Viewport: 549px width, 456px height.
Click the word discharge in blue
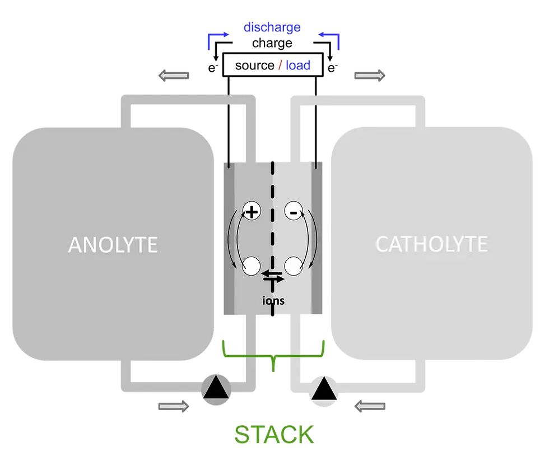[x=272, y=27]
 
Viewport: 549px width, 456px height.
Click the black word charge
[x=272, y=44]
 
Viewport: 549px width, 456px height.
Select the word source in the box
[x=254, y=66]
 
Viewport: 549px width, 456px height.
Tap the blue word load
[x=298, y=65]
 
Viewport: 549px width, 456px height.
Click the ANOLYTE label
[x=113, y=244]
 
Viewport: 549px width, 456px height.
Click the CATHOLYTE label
[x=431, y=244]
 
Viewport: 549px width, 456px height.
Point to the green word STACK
[x=274, y=435]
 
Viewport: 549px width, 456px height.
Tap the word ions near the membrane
[x=273, y=300]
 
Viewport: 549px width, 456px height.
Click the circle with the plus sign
[x=252, y=211]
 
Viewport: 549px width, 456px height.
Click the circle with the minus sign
[x=294, y=211]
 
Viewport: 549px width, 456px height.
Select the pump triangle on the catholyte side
[x=324, y=388]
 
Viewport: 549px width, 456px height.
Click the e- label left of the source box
[x=213, y=67]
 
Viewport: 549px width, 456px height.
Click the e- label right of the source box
[x=333, y=67]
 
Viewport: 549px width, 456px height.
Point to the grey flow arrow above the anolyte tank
[x=174, y=75]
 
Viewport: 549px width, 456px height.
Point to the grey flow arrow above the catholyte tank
[x=370, y=75]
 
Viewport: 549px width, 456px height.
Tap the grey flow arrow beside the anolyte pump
[x=174, y=406]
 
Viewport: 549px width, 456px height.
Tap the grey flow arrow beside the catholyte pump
[x=370, y=406]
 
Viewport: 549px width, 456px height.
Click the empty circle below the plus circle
[x=252, y=266]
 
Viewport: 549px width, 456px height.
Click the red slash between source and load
[x=280, y=65]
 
